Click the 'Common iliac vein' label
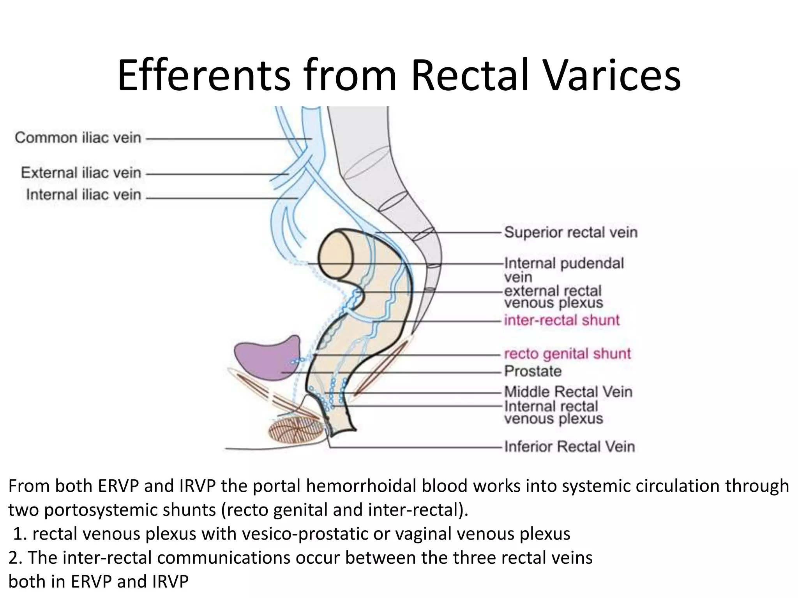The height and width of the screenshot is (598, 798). (x=78, y=138)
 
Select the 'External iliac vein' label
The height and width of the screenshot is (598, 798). (x=81, y=172)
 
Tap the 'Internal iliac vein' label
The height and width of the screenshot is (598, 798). (x=83, y=195)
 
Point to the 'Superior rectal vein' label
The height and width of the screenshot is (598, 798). (x=571, y=232)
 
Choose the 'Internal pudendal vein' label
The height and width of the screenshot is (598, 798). (x=563, y=270)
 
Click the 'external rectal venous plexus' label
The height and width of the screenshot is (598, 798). (x=553, y=297)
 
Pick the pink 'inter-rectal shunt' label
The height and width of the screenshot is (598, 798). (x=561, y=320)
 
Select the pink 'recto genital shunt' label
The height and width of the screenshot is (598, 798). (x=567, y=354)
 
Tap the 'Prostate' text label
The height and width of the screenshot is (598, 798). (x=533, y=371)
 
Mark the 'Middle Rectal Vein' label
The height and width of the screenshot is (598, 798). (x=568, y=392)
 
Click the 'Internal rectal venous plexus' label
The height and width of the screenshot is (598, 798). (x=553, y=412)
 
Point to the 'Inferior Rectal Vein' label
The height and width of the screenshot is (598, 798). (x=570, y=447)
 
